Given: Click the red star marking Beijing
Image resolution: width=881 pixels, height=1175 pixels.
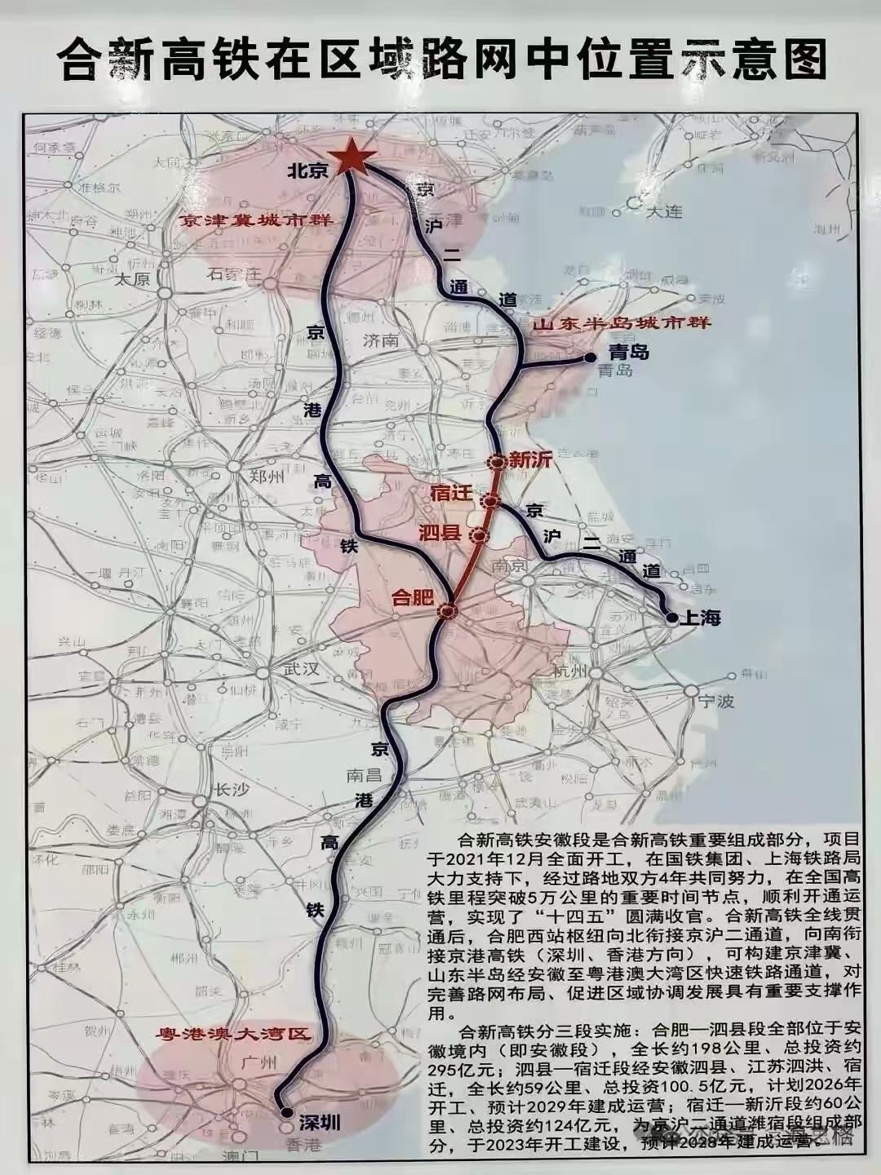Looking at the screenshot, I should pos(352,157).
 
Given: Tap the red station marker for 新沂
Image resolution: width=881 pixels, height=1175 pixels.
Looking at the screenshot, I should pos(496,462).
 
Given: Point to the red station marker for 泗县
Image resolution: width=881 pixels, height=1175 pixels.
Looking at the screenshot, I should pos(479,536).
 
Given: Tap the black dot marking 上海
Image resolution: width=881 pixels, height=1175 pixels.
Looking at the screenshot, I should pos(671,618).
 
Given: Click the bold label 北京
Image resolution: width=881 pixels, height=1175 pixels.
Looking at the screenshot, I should pos(307,171).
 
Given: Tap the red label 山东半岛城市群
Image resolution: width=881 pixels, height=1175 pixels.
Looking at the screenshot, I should pos(622,324).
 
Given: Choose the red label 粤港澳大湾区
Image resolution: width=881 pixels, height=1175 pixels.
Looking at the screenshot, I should pos(235,1033).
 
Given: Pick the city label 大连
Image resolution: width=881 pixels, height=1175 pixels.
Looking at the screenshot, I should pos(662,211).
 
